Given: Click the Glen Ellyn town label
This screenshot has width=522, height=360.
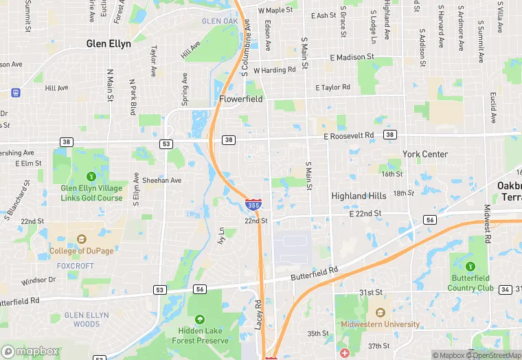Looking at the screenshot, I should pyautogui.click(x=109, y=43).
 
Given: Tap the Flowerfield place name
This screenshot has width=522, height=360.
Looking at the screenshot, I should pyautogui.click(x=241, y=99).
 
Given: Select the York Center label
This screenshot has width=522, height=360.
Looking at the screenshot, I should pyautogui.click(x=425, y=154).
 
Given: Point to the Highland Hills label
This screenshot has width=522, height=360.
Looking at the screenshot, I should pyautogui.click(x=359, y=196).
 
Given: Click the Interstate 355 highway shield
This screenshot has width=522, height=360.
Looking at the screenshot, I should pyautogui.click(x=253, y=205).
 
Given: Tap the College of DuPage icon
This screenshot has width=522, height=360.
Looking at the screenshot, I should pyautogui.click(x=82, y=239).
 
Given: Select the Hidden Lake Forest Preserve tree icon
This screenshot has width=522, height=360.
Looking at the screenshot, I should pyautogui.click(x=200, y=319).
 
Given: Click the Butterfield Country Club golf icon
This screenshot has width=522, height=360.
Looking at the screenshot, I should pyautogui.click(x=470, y=266).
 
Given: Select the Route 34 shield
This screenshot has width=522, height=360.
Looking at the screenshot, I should pyautogui.click(x=505, y=289).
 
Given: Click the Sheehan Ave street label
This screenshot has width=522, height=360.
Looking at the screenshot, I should pyautogui.click(x=161, y=180).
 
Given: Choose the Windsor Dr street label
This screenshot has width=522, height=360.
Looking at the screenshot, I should pyautogui.click(x=38, y=280).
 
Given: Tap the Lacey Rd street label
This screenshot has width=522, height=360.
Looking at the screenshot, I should pyautogui.click(x=258, y=314).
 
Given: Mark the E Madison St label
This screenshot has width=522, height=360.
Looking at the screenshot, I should pyautogui.click(x=352, y=57).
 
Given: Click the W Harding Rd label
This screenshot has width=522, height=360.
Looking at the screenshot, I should pyautogui.click(x=274, y=70).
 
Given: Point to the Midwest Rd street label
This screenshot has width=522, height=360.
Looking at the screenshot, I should pyautogui.click(x=488, y=223).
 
